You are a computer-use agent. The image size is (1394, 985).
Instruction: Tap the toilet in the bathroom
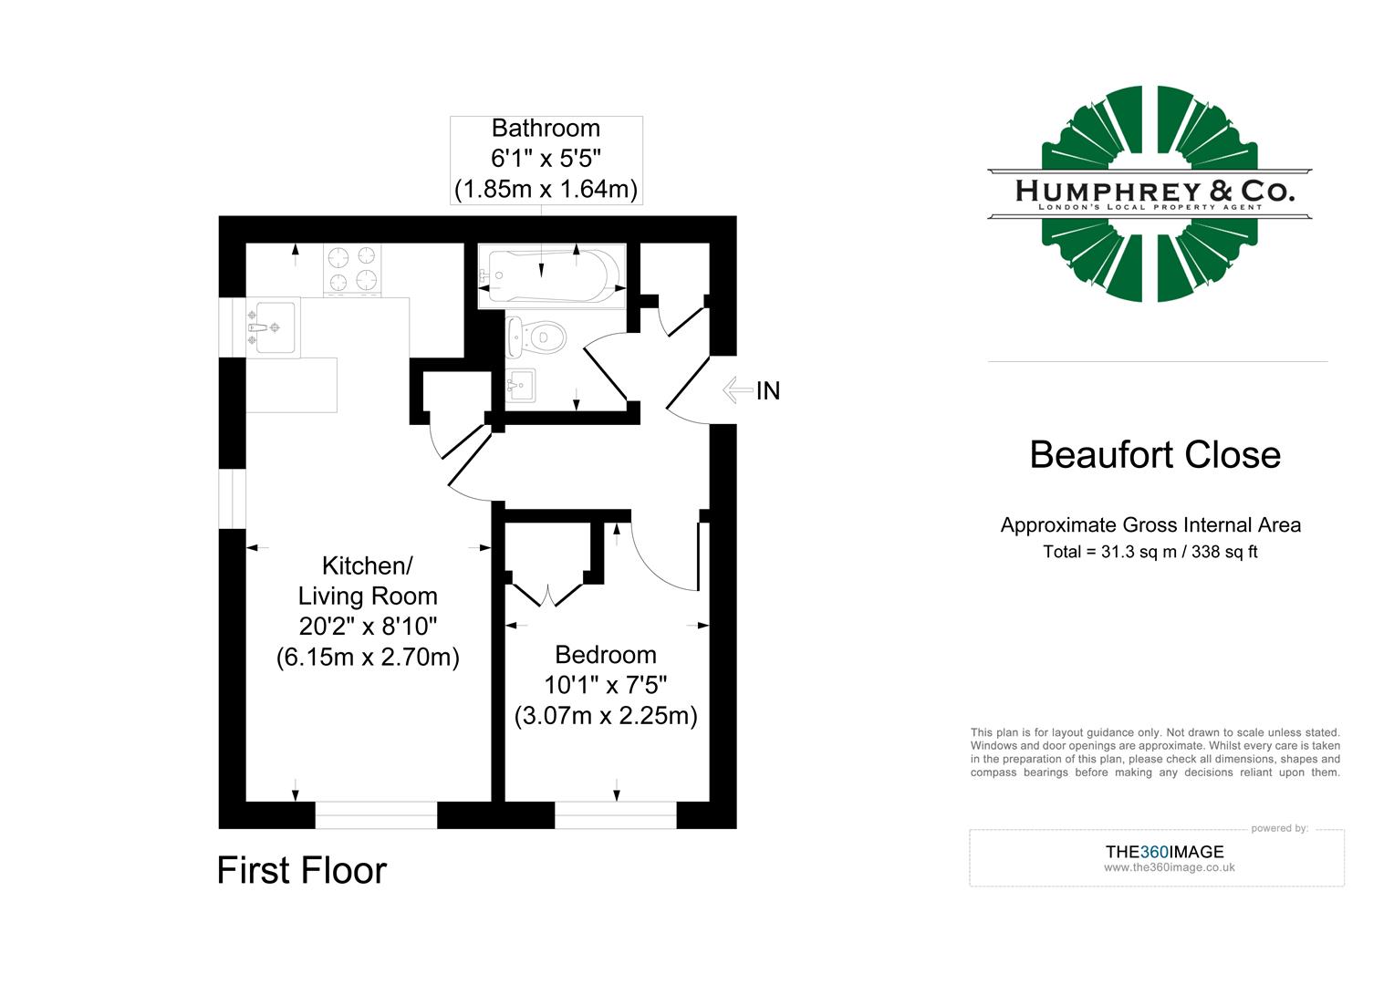tap(536, 338)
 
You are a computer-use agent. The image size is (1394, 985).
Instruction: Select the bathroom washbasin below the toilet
tap(522, 385)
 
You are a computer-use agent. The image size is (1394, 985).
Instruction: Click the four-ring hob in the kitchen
tap(353, 271)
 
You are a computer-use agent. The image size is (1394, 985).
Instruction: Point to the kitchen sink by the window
tap(273, 327)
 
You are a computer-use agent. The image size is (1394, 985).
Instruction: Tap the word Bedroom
tap(605, 655)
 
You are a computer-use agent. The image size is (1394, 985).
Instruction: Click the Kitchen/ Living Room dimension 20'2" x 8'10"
tap(368, 627)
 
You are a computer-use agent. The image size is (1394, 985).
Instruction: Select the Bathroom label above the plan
tap(546, 129)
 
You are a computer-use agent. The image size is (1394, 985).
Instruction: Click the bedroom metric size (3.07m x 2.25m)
tap(606, 716)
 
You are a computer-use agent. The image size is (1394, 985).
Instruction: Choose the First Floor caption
tap(301, 871)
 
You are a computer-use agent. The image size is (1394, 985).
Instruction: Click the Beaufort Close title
tap(1155, 455)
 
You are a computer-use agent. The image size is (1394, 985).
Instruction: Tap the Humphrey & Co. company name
tap(1154, 191)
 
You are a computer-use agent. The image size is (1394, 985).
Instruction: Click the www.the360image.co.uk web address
tap(1169, 867)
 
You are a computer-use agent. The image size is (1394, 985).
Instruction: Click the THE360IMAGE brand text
tap(1164, 852)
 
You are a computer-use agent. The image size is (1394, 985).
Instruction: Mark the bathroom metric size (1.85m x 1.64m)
tap(546, 190)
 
